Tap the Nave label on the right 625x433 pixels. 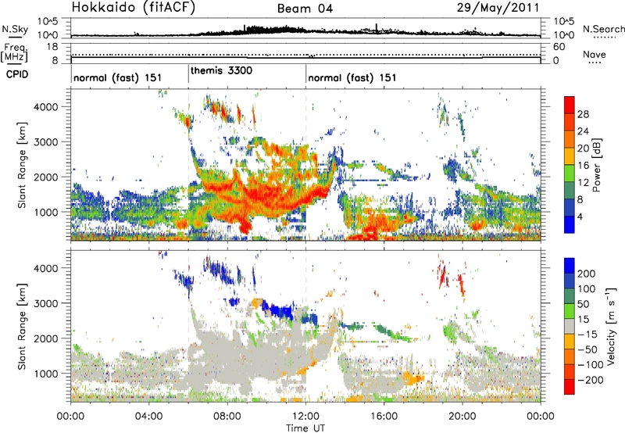(597, 54)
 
